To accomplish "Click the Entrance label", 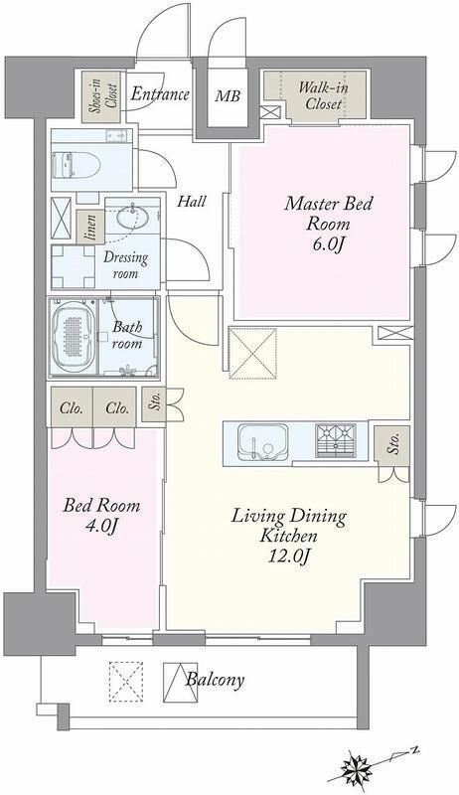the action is (x=160, y=94).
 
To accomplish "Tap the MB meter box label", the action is (x=227, y=95).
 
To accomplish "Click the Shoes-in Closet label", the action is (x=101, y=96).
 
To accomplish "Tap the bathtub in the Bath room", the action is (x=73, y=337).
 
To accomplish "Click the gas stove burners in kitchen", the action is (x=335, y=440).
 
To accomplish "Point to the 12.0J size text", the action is (x=289, y=556).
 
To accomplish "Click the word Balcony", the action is (x=215, y=680).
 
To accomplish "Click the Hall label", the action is (x=192, y=202).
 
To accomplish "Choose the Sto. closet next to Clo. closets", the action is (x=154, y=404).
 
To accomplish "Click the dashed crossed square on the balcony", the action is (x=125, y=682).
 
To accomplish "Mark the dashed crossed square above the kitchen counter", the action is (x=252, y=354).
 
